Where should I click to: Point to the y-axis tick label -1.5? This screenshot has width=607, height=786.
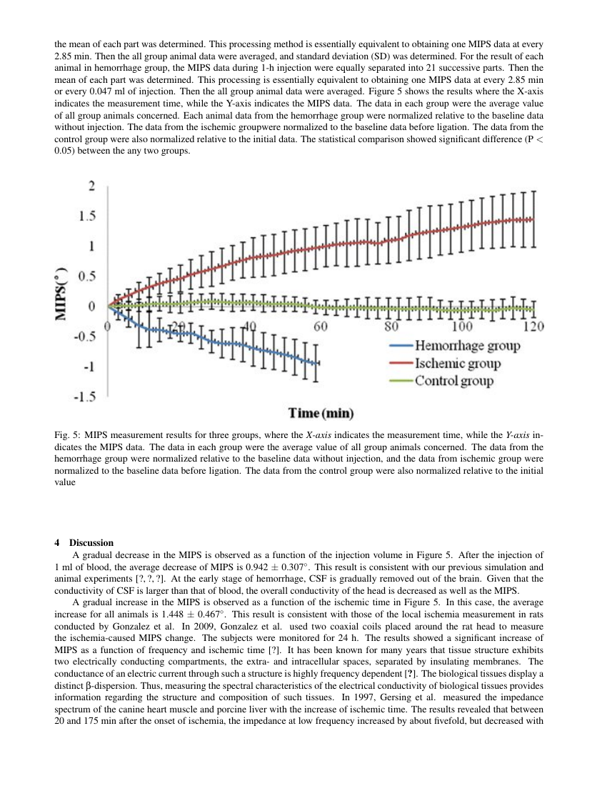[86, 397]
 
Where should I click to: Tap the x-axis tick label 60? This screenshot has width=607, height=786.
[320, 327]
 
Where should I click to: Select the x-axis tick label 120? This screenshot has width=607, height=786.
[533, 327]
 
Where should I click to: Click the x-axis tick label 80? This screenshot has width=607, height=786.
[391, 327]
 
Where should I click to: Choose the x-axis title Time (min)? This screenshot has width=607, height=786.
[321, 413]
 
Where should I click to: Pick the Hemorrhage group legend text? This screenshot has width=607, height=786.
[467, 346]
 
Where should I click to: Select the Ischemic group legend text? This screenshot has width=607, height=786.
[458, 364]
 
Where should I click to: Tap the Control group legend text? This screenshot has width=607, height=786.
[454, 381]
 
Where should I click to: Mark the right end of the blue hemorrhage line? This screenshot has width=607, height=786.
[318, 363]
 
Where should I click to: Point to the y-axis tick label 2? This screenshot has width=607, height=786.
[91, 186]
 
